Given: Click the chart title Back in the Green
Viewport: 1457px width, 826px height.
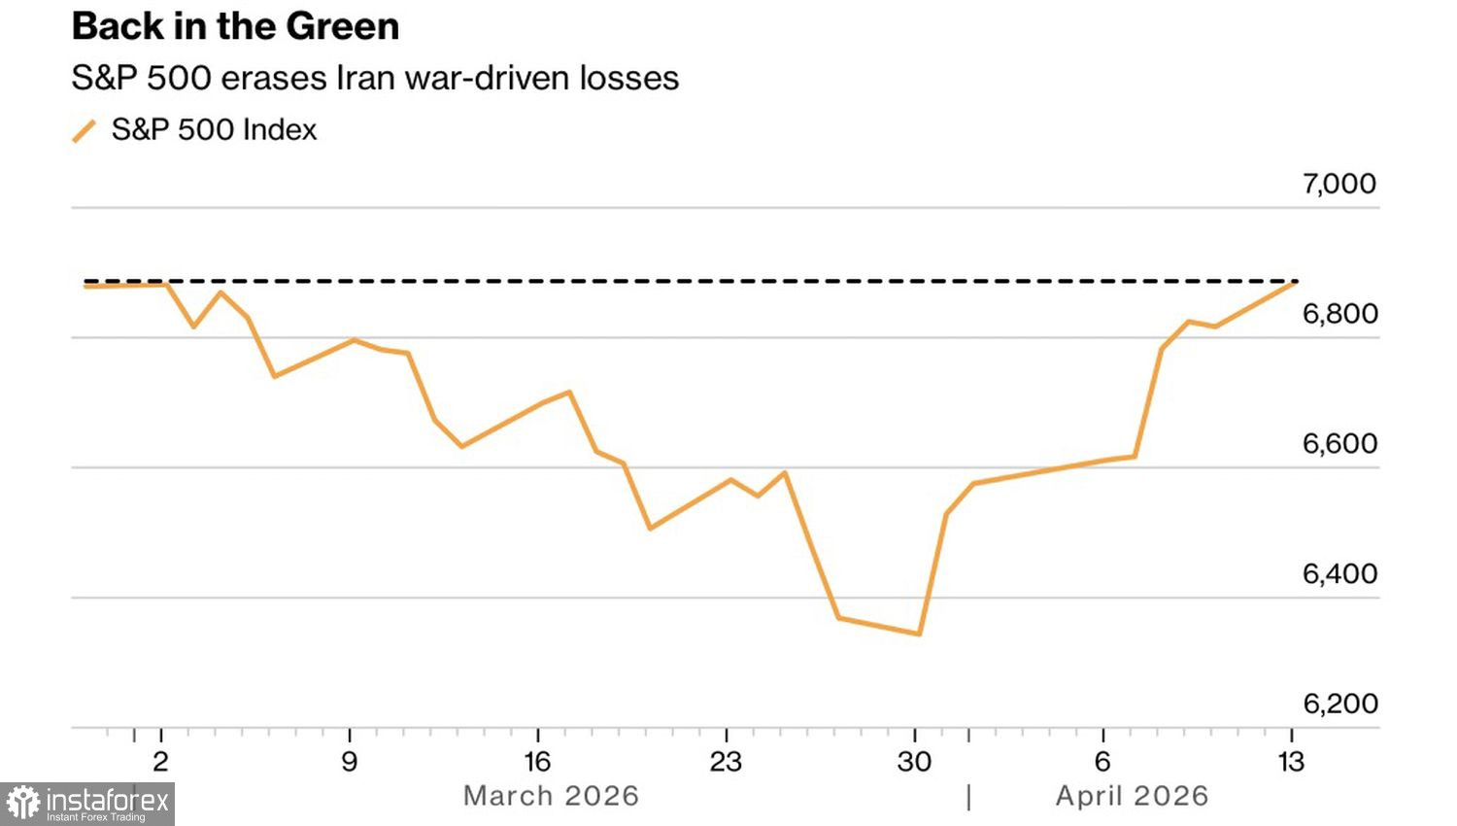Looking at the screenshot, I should [235, 27].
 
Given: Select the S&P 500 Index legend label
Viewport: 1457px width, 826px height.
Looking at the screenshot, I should [214, 130].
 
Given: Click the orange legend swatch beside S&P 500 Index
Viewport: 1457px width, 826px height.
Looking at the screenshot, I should [85, 131].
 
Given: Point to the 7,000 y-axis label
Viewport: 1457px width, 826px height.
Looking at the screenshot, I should [1339, 184].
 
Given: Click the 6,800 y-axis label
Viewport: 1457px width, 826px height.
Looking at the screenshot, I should [1339, 314].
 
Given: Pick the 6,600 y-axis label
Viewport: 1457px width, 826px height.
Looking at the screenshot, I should [1339, 444].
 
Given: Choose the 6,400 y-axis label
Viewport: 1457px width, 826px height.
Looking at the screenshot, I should [1339, 574].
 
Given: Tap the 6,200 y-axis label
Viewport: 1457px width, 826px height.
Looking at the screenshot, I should [1339, 704].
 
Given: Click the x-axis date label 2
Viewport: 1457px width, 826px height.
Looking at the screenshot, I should [161, 762].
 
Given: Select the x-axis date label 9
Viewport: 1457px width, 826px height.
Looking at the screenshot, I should [350, 762].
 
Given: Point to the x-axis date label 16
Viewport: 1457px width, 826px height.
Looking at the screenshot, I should [537, 762].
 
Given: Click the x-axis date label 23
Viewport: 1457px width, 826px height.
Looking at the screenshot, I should [726, 762].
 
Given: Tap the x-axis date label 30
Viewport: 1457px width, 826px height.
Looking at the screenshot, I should [914, 762].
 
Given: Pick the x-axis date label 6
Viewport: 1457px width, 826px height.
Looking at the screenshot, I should [1102, 762].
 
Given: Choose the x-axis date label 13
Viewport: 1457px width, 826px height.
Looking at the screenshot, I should [1291, 762].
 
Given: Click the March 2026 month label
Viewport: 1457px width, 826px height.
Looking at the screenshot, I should [551, 796].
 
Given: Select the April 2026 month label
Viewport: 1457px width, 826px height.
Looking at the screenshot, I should [1132, 796].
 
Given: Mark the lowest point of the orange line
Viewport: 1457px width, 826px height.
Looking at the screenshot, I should [919, 634].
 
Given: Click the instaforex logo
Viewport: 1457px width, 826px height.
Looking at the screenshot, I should [87, 804].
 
